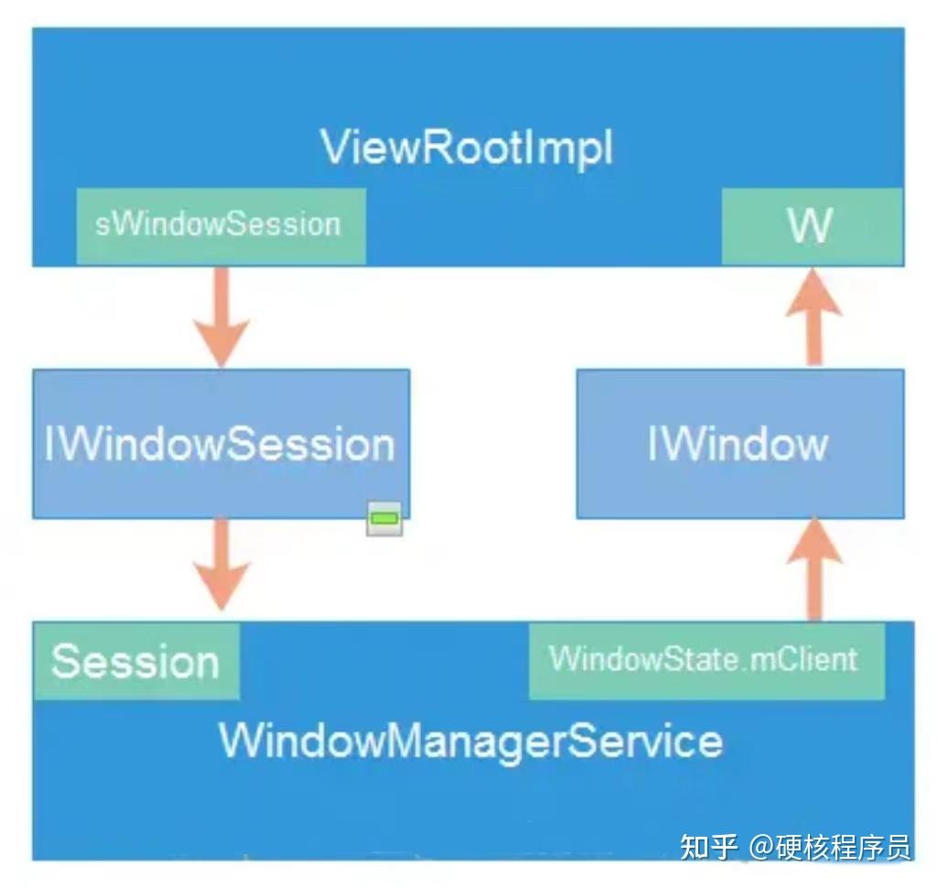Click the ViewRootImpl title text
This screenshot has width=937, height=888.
click(467, 147)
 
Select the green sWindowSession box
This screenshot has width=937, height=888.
click(220, 225)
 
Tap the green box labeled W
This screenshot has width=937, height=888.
click(811, 226)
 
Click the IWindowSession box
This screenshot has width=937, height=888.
click(221, 444)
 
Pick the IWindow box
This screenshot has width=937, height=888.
click(739, 444)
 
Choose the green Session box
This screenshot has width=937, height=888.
click(135, 661)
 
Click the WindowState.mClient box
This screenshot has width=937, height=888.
click(705, 660)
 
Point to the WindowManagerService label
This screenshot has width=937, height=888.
click(470, 740)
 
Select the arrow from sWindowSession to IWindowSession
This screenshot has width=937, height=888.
click(221, 316)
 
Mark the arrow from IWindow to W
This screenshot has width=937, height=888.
click(813, 316)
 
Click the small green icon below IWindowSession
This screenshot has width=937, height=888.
click(384, 519)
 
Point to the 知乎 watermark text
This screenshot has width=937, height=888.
click(708, 847)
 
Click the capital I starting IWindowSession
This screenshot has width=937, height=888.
click(49, 444)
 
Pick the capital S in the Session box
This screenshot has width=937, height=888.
click(63, 661)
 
